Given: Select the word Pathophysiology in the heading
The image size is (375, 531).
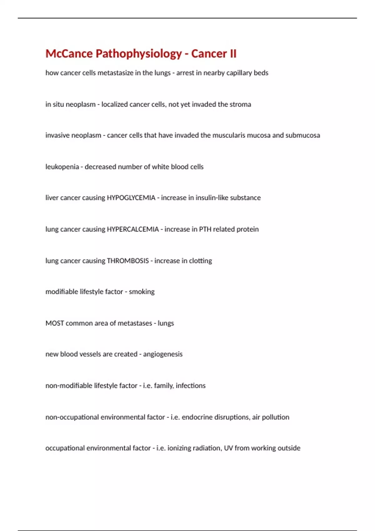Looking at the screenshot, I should pyautogui.click(x=138, y=54).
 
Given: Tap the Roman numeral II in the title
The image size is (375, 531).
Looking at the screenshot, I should pyautogui.click(x=233, y=54).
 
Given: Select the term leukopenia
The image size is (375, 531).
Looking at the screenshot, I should pyautogui.click(x=62, y=167).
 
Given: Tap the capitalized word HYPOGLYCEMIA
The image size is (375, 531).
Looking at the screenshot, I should pyautogui.click(x=131, y=198).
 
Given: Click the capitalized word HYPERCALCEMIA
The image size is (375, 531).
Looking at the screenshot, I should pyautogui.click(x=133, y=229).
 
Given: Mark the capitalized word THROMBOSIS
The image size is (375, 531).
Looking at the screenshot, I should pyautogui.click(x=128, y=261).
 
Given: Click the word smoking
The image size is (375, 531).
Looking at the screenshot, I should pyautogui.click(x=142, y=292).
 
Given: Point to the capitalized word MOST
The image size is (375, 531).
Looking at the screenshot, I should pyautogui.click(x=55, y=323).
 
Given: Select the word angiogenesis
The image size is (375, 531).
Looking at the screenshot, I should pyautogui.click(x=163, y=354).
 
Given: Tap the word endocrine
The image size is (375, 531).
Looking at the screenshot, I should pyautogui.click(x=197, y=417).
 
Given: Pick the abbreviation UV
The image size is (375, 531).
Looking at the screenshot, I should pyautogui.click(x=228, y=448).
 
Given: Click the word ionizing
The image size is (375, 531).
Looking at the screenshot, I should pyautogui.click(x=179, y=448).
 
